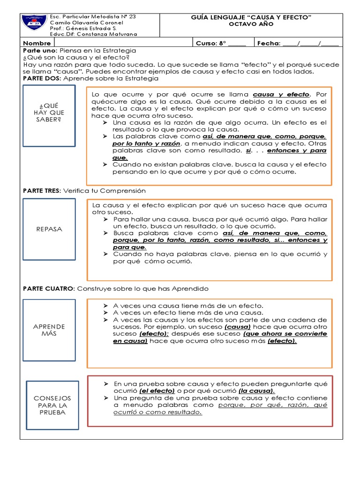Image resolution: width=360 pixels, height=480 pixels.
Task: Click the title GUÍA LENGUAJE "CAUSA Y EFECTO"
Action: pos(252,17)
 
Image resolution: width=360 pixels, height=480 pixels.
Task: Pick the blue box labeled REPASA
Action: pos(49,229)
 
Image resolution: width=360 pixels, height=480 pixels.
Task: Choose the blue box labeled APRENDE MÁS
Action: pos(49,330)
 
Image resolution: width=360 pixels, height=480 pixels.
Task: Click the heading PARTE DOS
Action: pos(41,78)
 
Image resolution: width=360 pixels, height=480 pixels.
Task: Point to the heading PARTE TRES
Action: pos(42,191)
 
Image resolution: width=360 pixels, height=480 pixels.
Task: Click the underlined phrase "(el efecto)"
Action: pos(157,391)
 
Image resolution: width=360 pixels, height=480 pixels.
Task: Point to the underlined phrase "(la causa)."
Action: pos(256,391)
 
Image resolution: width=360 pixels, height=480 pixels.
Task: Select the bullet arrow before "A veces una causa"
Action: pos(106,306)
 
